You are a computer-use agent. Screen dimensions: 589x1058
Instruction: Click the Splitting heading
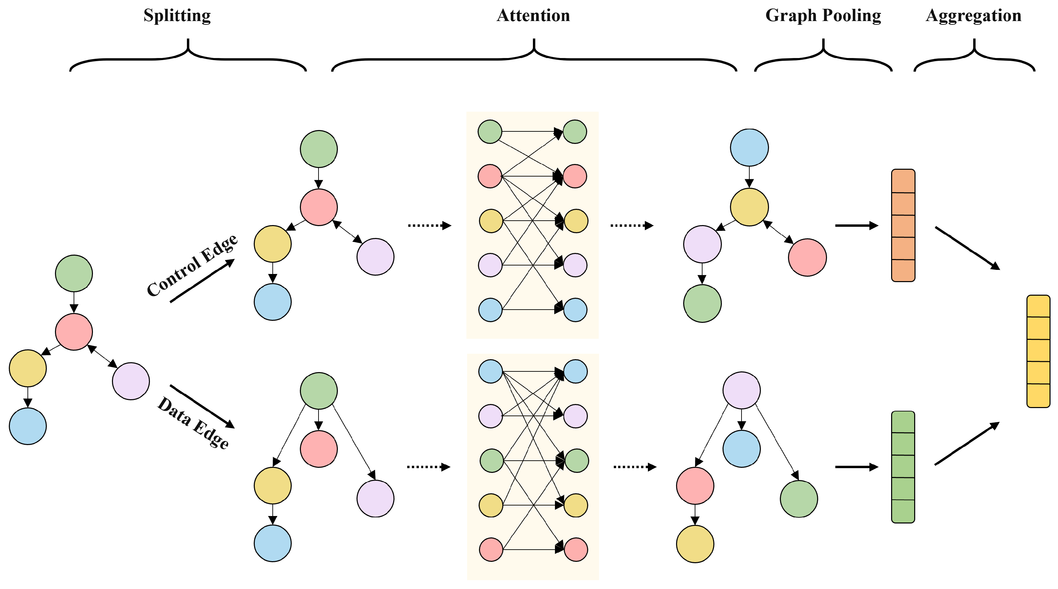[177, 16]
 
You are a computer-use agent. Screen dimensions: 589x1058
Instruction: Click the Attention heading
[533, 16]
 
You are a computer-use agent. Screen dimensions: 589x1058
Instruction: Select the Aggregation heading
[974, 16]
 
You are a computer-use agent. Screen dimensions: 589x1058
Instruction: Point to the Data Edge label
[193, 423]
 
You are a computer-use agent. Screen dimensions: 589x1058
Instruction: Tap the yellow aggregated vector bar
[1038, 351]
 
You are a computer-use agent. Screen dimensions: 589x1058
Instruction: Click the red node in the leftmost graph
[74, 332]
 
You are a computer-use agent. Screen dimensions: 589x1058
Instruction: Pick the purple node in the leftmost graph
[131, 381]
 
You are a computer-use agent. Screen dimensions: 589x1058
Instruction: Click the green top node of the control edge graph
[319, 149]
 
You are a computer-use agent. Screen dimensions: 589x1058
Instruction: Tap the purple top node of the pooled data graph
[741, 390]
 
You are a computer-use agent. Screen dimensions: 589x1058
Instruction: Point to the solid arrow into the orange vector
[857, 225]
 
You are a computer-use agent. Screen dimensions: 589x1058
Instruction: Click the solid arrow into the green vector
[857, 467]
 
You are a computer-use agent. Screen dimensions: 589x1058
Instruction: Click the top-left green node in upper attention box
[489, 131]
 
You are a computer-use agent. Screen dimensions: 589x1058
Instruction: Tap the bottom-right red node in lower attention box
[576, 550]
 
